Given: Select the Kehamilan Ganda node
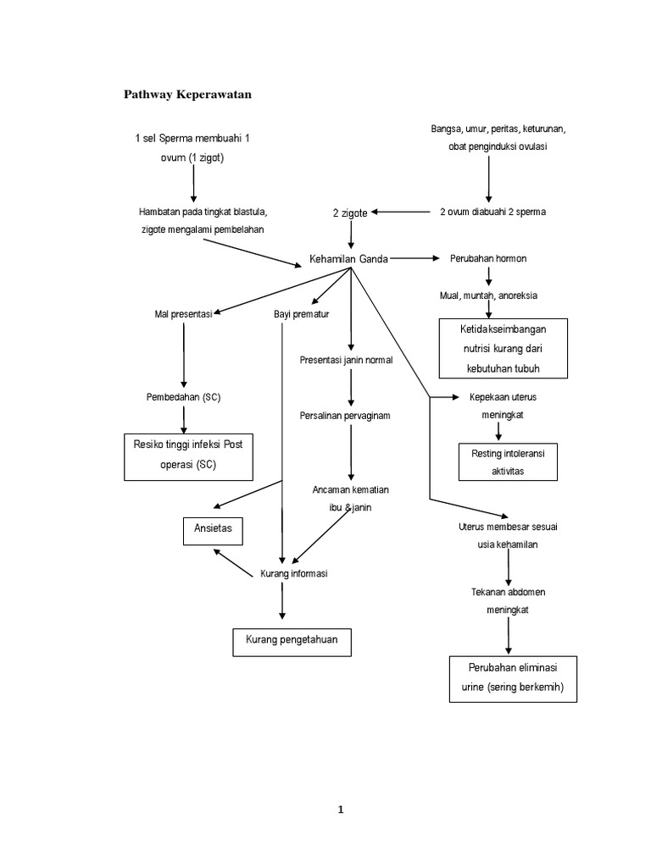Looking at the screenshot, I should [x=350, y=259].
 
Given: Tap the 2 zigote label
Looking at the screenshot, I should [x=350, y=213].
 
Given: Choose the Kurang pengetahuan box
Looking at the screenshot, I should [x=292, y=641].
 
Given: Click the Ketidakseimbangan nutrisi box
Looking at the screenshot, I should [x=502, y=348].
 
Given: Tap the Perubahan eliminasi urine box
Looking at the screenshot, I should [x=514, y=678].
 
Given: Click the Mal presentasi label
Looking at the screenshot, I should [x=183, y=314].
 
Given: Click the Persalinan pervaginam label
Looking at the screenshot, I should [x=344, y=416].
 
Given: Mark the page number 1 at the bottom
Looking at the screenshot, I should [x=340, y=809].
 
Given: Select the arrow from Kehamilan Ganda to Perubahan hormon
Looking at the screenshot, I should [x=415, y=258].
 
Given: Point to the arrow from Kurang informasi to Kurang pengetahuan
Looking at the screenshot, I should [x=282, y=602].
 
